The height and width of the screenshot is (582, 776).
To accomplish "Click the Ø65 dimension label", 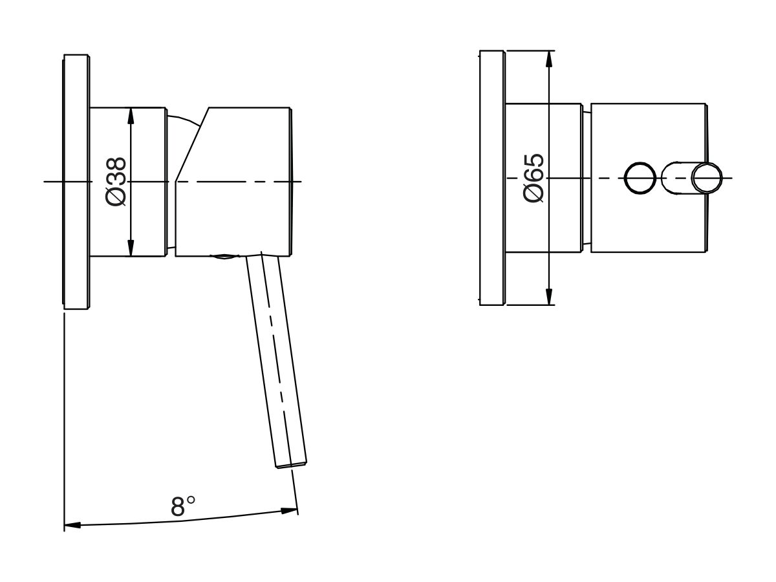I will (535, 178).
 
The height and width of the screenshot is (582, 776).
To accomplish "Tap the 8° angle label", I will (183, 506).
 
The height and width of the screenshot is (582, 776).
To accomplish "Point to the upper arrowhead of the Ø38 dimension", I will (131, 115).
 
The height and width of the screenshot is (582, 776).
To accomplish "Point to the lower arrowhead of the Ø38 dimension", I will (131, 248).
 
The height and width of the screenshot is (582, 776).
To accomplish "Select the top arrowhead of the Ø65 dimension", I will (549, 58).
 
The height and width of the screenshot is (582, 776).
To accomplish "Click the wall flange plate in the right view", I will (492, 178).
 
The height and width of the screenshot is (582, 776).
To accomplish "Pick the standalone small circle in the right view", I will (640, 178).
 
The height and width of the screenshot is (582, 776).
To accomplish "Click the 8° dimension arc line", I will (181, 521).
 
